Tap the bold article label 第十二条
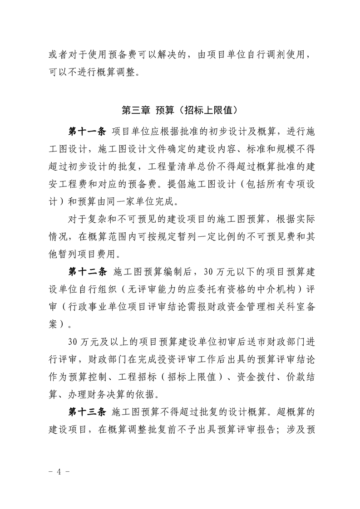point(87,272)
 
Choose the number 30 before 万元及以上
point(72,342)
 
